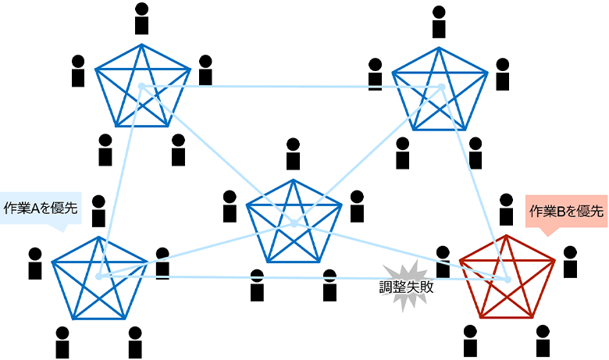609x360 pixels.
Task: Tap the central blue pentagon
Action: point(294,224)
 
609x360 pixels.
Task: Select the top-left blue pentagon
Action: point(142,88)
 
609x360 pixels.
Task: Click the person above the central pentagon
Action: point(294,153)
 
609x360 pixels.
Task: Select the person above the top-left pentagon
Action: point(141,18)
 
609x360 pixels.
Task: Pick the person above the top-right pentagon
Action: point(440,21)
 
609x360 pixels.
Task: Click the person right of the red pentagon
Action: point(570,262)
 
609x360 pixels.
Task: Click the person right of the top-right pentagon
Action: point(502,73)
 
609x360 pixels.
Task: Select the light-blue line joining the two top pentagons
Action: point(289,86)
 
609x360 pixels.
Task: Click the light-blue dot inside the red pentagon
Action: point(507,280)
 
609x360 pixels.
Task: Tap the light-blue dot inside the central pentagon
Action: point(294,223)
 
